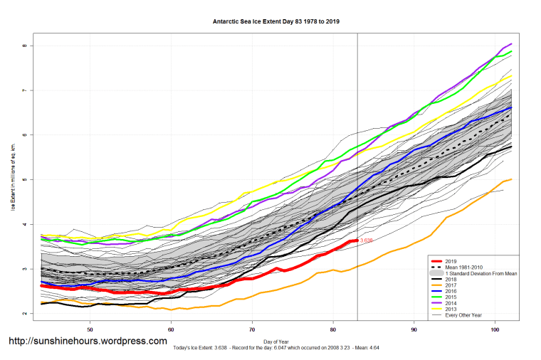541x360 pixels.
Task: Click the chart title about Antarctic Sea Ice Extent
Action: [x=276, y=22]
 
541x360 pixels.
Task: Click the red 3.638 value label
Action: [x=366, y=241]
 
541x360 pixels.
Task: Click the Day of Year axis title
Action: [x=276, y=342]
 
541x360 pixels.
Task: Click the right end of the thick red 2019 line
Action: [x=357, y=241]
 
